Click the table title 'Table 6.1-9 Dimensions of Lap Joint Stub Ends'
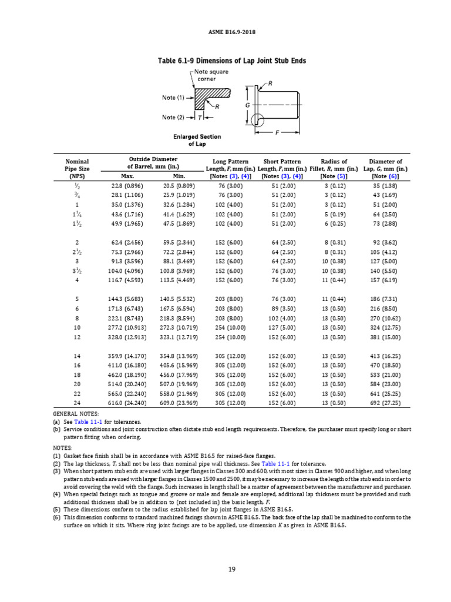[232, 61]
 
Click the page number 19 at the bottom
[232, 568]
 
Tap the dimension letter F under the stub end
[277, 132]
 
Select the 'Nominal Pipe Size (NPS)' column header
[77, 168]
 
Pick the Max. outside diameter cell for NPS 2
[127, 242]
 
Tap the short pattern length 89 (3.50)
[280, 308]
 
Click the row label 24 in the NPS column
[77, 403]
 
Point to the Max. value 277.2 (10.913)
[127, 327]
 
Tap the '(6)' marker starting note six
[56, 517]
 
